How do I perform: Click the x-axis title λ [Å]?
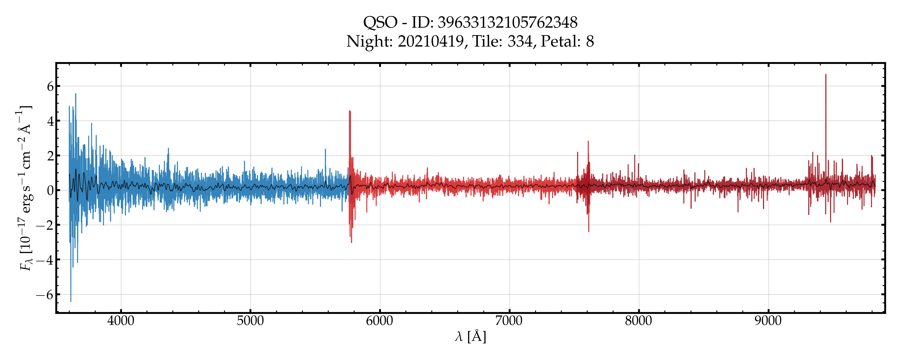tap(470, 337)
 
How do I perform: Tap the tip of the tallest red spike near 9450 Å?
tap(826, 74)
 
